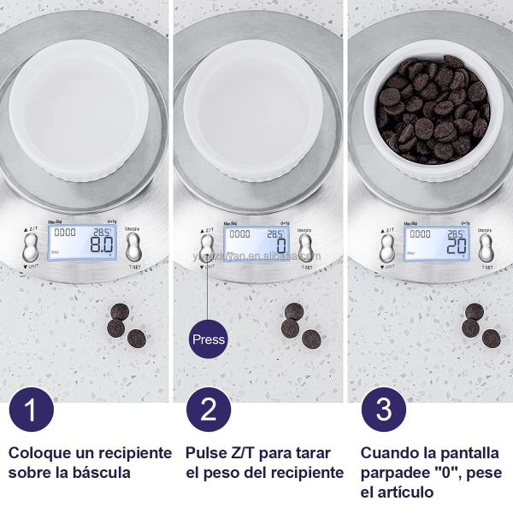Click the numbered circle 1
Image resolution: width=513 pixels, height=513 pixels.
(x=31, y=408)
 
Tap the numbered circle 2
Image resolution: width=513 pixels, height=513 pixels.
(x=209, y=408)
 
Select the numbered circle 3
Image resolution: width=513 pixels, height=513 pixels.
(x=384, y=408)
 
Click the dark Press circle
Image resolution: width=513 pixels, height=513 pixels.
(x=208, y=339)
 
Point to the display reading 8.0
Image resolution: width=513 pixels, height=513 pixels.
(x=90, y=244)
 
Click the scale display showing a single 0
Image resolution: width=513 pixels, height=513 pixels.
(x=257, y=244)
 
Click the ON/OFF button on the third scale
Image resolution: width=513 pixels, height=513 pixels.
(x=485, y=248)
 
